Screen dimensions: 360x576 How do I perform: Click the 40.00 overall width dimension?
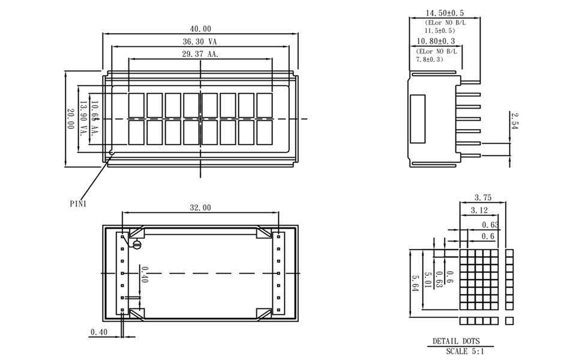click(x=200, y=29)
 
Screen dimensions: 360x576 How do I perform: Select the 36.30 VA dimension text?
click(x=200, y=42)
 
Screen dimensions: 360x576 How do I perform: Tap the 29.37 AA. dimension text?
click(x=200, y=54)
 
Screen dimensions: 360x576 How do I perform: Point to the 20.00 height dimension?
click(x=70, y=119)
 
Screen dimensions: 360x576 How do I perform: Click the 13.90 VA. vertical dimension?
click(x=83, y=119)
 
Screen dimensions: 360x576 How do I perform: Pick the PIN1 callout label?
click(x=78, y=203)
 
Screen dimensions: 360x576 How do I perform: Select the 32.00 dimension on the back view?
click(x=200, y=208)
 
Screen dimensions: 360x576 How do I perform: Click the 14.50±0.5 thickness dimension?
click(x=445, y=13)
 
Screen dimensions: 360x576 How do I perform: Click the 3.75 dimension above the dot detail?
click(x=484, y=197)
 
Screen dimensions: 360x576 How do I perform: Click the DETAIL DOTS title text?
click(x=457, y=341)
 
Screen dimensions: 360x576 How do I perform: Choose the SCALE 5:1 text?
click(x=466, y=351)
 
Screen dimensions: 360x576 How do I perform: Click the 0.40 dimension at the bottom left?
click(x=99, y=332)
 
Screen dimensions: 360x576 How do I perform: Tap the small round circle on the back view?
click(x=137, y=244)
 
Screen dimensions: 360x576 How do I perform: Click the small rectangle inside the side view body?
click(x=417, y=118)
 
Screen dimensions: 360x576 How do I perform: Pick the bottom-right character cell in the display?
click(x=265, y=132)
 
